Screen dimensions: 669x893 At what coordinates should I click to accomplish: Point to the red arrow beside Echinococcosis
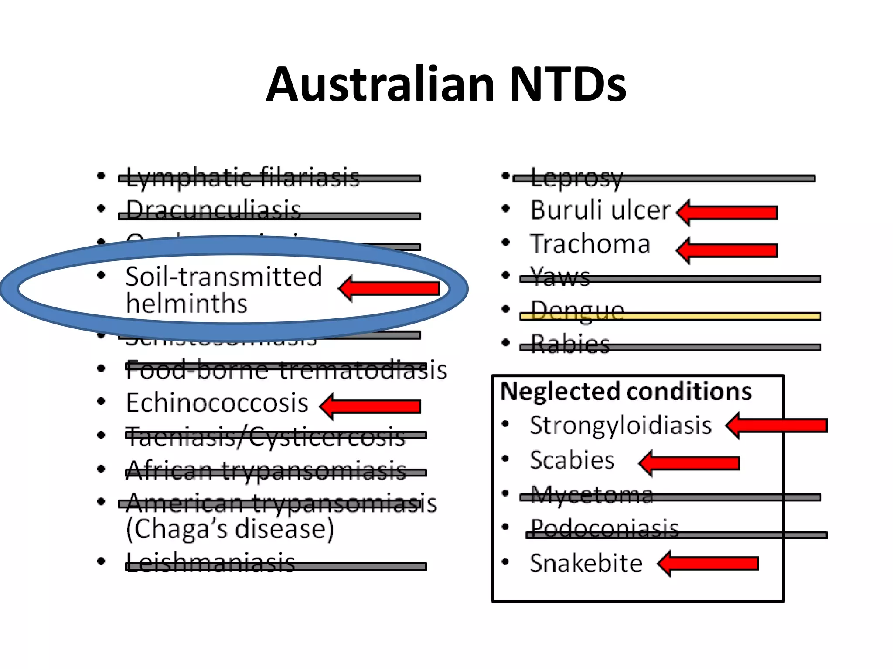[x=370, y=406]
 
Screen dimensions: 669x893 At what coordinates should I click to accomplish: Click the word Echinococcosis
[x=217, y=403]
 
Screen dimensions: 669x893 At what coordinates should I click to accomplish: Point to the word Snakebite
[x=586, y=564]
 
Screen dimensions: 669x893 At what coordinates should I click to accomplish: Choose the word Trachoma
[x=590, y=244]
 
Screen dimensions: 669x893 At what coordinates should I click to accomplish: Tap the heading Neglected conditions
[x=626, y=392]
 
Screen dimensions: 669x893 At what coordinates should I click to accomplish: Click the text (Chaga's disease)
[x=230, y=529]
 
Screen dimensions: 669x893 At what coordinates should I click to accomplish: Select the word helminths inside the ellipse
[x=187, y=304]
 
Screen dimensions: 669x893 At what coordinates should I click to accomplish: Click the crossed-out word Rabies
[x=570, y=345]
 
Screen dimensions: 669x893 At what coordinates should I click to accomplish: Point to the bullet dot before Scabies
[x=505, y=459]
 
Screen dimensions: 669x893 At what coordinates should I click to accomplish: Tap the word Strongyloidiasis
[x=620, y=426]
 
